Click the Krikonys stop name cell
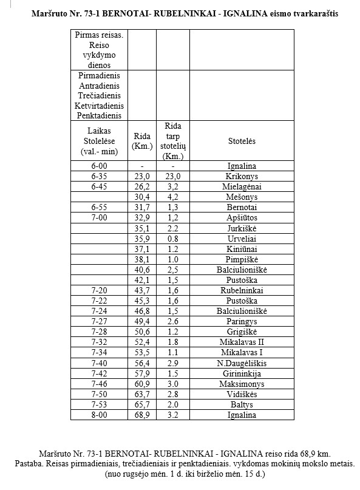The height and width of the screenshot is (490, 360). (x=242, y=176)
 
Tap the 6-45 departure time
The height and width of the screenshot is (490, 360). (x=98, y=186)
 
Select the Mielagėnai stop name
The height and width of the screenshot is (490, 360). (x=242, y=186)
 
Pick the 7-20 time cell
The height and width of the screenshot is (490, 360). (x=98, y=290)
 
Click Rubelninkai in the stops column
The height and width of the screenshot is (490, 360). (x=242, y=290)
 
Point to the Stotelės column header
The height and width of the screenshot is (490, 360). (x=242, y=141)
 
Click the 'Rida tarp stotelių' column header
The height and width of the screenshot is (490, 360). (x=172, y=141)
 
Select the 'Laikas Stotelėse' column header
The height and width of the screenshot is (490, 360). (x=98, y=141)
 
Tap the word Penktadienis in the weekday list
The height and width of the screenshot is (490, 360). (x=98, y=115)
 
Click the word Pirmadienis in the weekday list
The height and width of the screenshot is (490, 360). (x=98, y=76)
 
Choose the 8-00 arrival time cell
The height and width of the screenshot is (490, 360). (x=98, y=415)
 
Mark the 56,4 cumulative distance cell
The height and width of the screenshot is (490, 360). (x=141, y=363)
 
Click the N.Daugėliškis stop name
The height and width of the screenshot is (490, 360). (x=242, y=363)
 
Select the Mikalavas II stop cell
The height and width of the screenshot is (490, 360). (x=242, y=342)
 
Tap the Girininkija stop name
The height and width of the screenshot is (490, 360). (x=242, y=373)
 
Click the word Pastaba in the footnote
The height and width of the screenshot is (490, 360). (x=32, y=463)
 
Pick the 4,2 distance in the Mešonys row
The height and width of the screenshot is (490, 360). (x=172, y=197)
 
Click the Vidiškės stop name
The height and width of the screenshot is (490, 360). (x=242, y=394)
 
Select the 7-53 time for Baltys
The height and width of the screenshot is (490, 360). (x=98, y=404)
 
